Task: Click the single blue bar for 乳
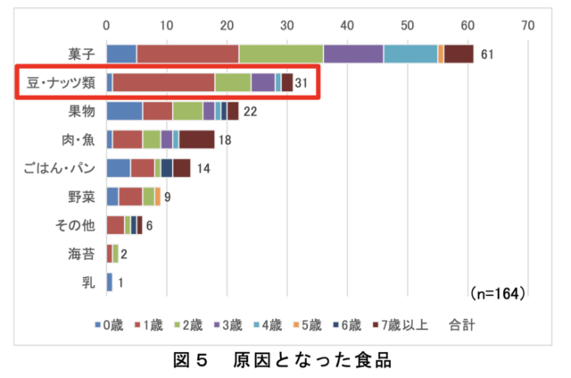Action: (109, 282)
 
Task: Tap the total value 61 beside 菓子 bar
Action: (487, 55)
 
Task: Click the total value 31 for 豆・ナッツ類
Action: (301, 83)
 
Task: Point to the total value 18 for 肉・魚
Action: (224, 140)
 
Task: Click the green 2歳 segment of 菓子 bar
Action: (280, 55)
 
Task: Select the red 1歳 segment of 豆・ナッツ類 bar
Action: (163, 83)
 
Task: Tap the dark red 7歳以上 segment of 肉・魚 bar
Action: (197, 140)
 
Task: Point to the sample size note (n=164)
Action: (495, 293)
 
